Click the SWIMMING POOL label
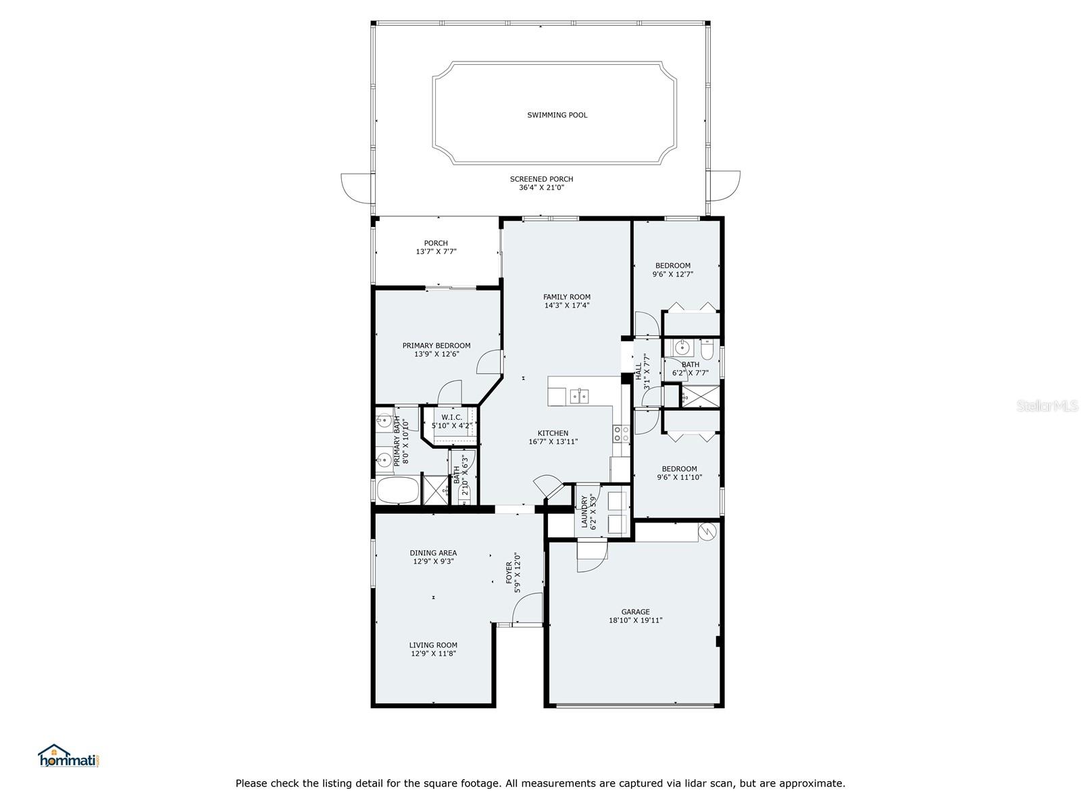(x=557, y=115)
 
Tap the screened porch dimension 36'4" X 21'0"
(x=541, y=188)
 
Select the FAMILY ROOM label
(x=566, y=297)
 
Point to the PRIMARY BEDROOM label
(x=436, y=345)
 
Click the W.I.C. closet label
(x=451, y=418)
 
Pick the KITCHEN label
(x=553, y=433)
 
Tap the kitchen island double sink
(x=578, y=396)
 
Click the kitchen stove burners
(x=621, y=433)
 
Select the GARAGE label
(x=635, y=612)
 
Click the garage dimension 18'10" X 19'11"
(x=635, y=620)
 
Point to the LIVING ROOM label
(x=433, y=645)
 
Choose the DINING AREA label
(x=433, y=553)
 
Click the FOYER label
(x=509, y=572)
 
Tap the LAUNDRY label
(x=584, y=512)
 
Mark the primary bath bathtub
(x=398, y=490)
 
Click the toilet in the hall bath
(x=707, y=349)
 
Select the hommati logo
(x=70, y=756)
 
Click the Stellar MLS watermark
(x=1047, y=405)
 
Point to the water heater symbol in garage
(x=707, y=531)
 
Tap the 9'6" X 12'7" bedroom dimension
(x=673, y=274)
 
